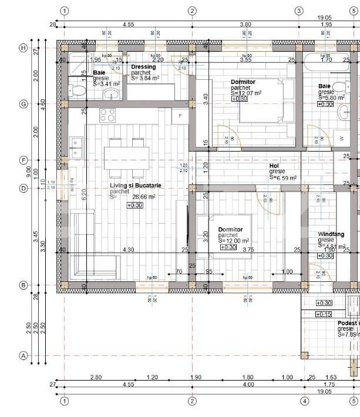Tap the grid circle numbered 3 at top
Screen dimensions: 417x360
[298, 11]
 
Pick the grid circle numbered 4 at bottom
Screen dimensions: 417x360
[304, 401]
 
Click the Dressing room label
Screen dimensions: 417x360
[143, 67]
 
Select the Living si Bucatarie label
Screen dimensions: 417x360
[136, 186]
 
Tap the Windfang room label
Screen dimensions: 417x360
[331, 234]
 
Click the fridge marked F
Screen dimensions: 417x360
[180, 116]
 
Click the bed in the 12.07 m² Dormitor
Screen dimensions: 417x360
[264, 100]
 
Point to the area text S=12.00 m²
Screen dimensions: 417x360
[234, 241]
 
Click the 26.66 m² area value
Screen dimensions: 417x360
[144, 197]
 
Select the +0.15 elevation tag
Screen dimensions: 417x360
[324, 314]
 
